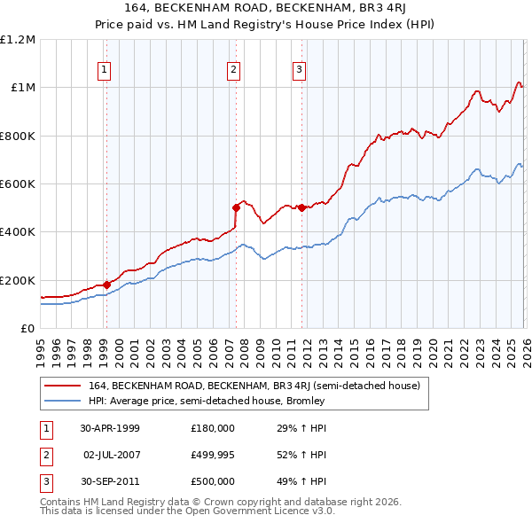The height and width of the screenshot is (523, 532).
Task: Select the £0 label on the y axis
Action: [28, 328]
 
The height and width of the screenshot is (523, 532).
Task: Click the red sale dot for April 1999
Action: [106, 285]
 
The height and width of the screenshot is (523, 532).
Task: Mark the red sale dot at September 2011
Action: [301, 207]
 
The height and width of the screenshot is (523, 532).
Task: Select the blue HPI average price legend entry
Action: [207, 401]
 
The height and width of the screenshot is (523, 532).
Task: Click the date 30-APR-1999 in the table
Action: [110, 428]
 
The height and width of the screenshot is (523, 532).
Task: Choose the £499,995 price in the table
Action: [213, 455]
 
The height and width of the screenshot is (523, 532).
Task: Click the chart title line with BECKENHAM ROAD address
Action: [266, 10]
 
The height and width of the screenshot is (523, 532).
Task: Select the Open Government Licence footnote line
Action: [188, 511]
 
